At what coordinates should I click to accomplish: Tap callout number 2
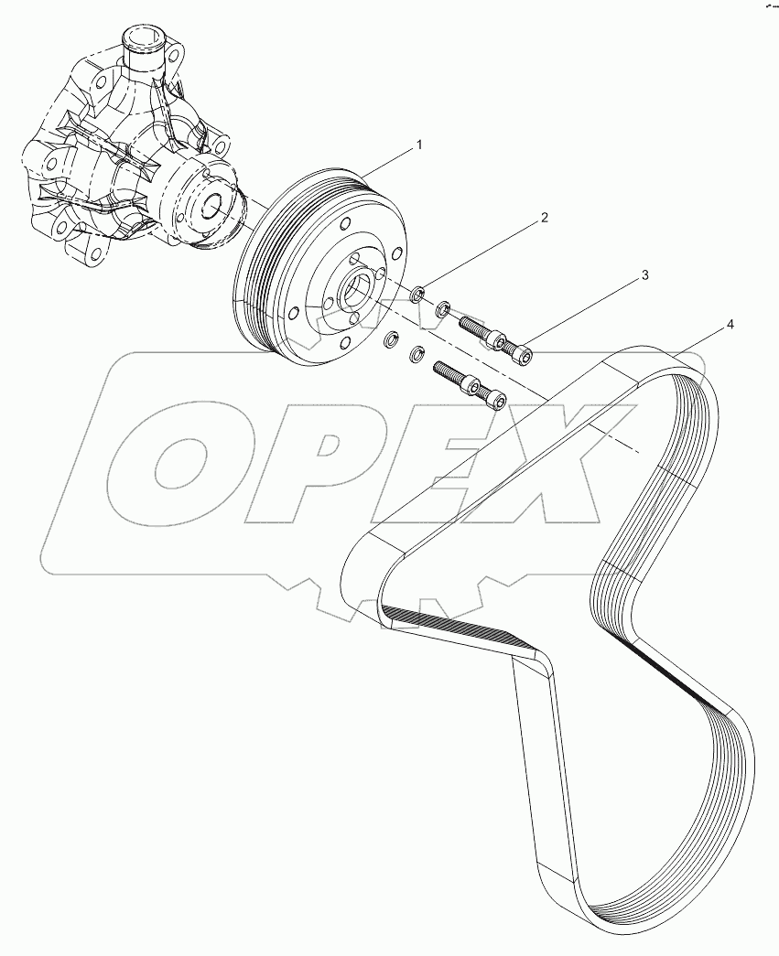click(x=544, y=218)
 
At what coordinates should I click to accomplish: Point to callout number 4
click(x=730, y=325)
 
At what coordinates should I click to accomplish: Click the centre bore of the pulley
click(x=354, y=293)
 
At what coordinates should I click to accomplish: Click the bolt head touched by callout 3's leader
click(x=522, y=351)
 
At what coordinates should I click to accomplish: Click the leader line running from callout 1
click(x=389, y=160)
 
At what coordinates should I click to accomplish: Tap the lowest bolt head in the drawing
click(x=494, y=400)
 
